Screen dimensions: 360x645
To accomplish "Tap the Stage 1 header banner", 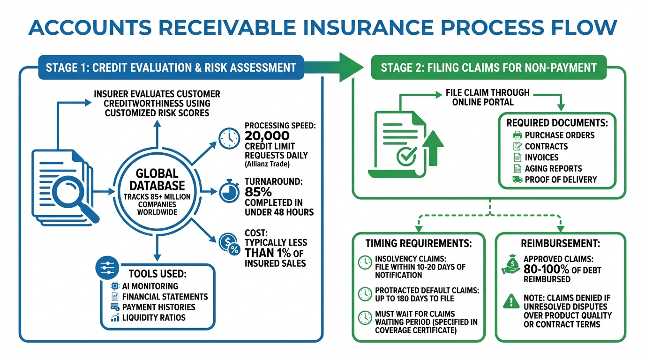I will pyautogui.click(x=171, y=67).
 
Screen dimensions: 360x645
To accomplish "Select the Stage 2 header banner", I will pyautogui.click(x=488, y=67).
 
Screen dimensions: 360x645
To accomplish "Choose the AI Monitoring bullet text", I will pyautogui.click(x=150, y=286).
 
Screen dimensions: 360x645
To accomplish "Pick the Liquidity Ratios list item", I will pyautogui.click(x=154, y=318).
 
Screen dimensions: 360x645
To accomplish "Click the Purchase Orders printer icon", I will pyautogui.click(x=517, y=135).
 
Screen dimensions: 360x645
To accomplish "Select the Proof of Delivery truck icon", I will pyautogui.click(x=517, y=180).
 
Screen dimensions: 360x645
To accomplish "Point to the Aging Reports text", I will pyautogui.click(x=553, y=169).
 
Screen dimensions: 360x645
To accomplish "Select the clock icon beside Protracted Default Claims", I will pyautogui.click(x=365, y=294).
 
